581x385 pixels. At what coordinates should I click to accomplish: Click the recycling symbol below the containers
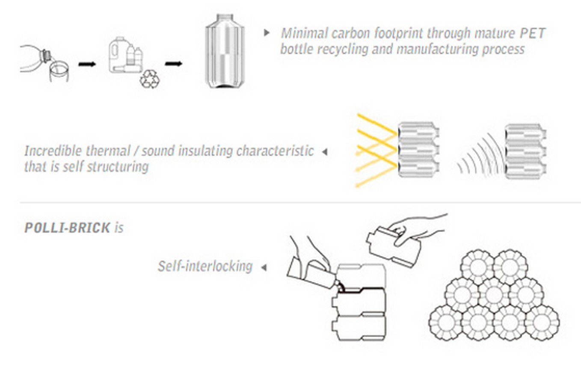point(150,79)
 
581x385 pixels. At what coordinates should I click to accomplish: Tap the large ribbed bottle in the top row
point(225,51)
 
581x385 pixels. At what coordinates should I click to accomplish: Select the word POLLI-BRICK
point(67,228)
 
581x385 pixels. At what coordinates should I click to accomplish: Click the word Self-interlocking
point(205,266)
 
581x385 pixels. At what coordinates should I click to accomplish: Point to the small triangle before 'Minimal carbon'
point(267,33)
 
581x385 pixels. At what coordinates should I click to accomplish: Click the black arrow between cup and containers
point(87,64)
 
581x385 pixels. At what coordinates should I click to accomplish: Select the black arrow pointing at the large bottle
point(174,63)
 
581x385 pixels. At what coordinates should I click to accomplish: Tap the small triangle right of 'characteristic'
point(325,152)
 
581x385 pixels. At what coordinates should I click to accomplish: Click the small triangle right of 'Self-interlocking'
point(264,267)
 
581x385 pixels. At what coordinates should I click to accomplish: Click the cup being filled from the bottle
point(59,71)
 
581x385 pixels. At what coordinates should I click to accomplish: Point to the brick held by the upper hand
point(393,246)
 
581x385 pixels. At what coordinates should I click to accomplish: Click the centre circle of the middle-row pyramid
point(494,294)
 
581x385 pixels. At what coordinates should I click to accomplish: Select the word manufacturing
point(438,49)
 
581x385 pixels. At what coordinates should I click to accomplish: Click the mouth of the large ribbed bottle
point(225,18)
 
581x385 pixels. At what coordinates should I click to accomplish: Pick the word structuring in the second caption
point(118,167)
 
